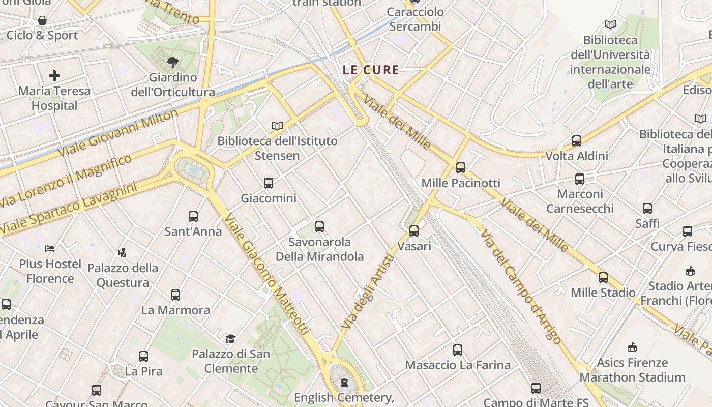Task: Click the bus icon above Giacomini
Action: point(269,183)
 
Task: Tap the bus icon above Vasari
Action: point(414,231)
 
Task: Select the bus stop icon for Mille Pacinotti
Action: point(461,167)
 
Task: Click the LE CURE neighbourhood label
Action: point(371,70)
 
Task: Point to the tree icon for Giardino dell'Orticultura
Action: point(173,63)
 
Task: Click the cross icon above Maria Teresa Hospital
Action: point(54,76)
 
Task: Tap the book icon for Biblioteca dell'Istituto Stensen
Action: point(277,126)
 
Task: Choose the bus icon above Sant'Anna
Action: point(193,217)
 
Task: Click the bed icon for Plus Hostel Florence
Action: point(50,249)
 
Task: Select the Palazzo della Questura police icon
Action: point(122,252)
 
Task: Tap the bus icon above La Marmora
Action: point(175,295)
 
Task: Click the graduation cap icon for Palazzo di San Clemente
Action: point(231,339)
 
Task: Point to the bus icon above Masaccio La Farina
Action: point(458,350)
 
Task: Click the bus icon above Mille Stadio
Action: point(603,278)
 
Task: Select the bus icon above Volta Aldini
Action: point(577,141)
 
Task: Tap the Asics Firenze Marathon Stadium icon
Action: point(632,347)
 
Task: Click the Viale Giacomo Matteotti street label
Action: point(266,275)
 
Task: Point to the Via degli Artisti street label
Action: point(368,291)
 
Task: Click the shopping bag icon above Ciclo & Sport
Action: point(42,21)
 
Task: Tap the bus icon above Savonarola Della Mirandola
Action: point(319,227)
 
